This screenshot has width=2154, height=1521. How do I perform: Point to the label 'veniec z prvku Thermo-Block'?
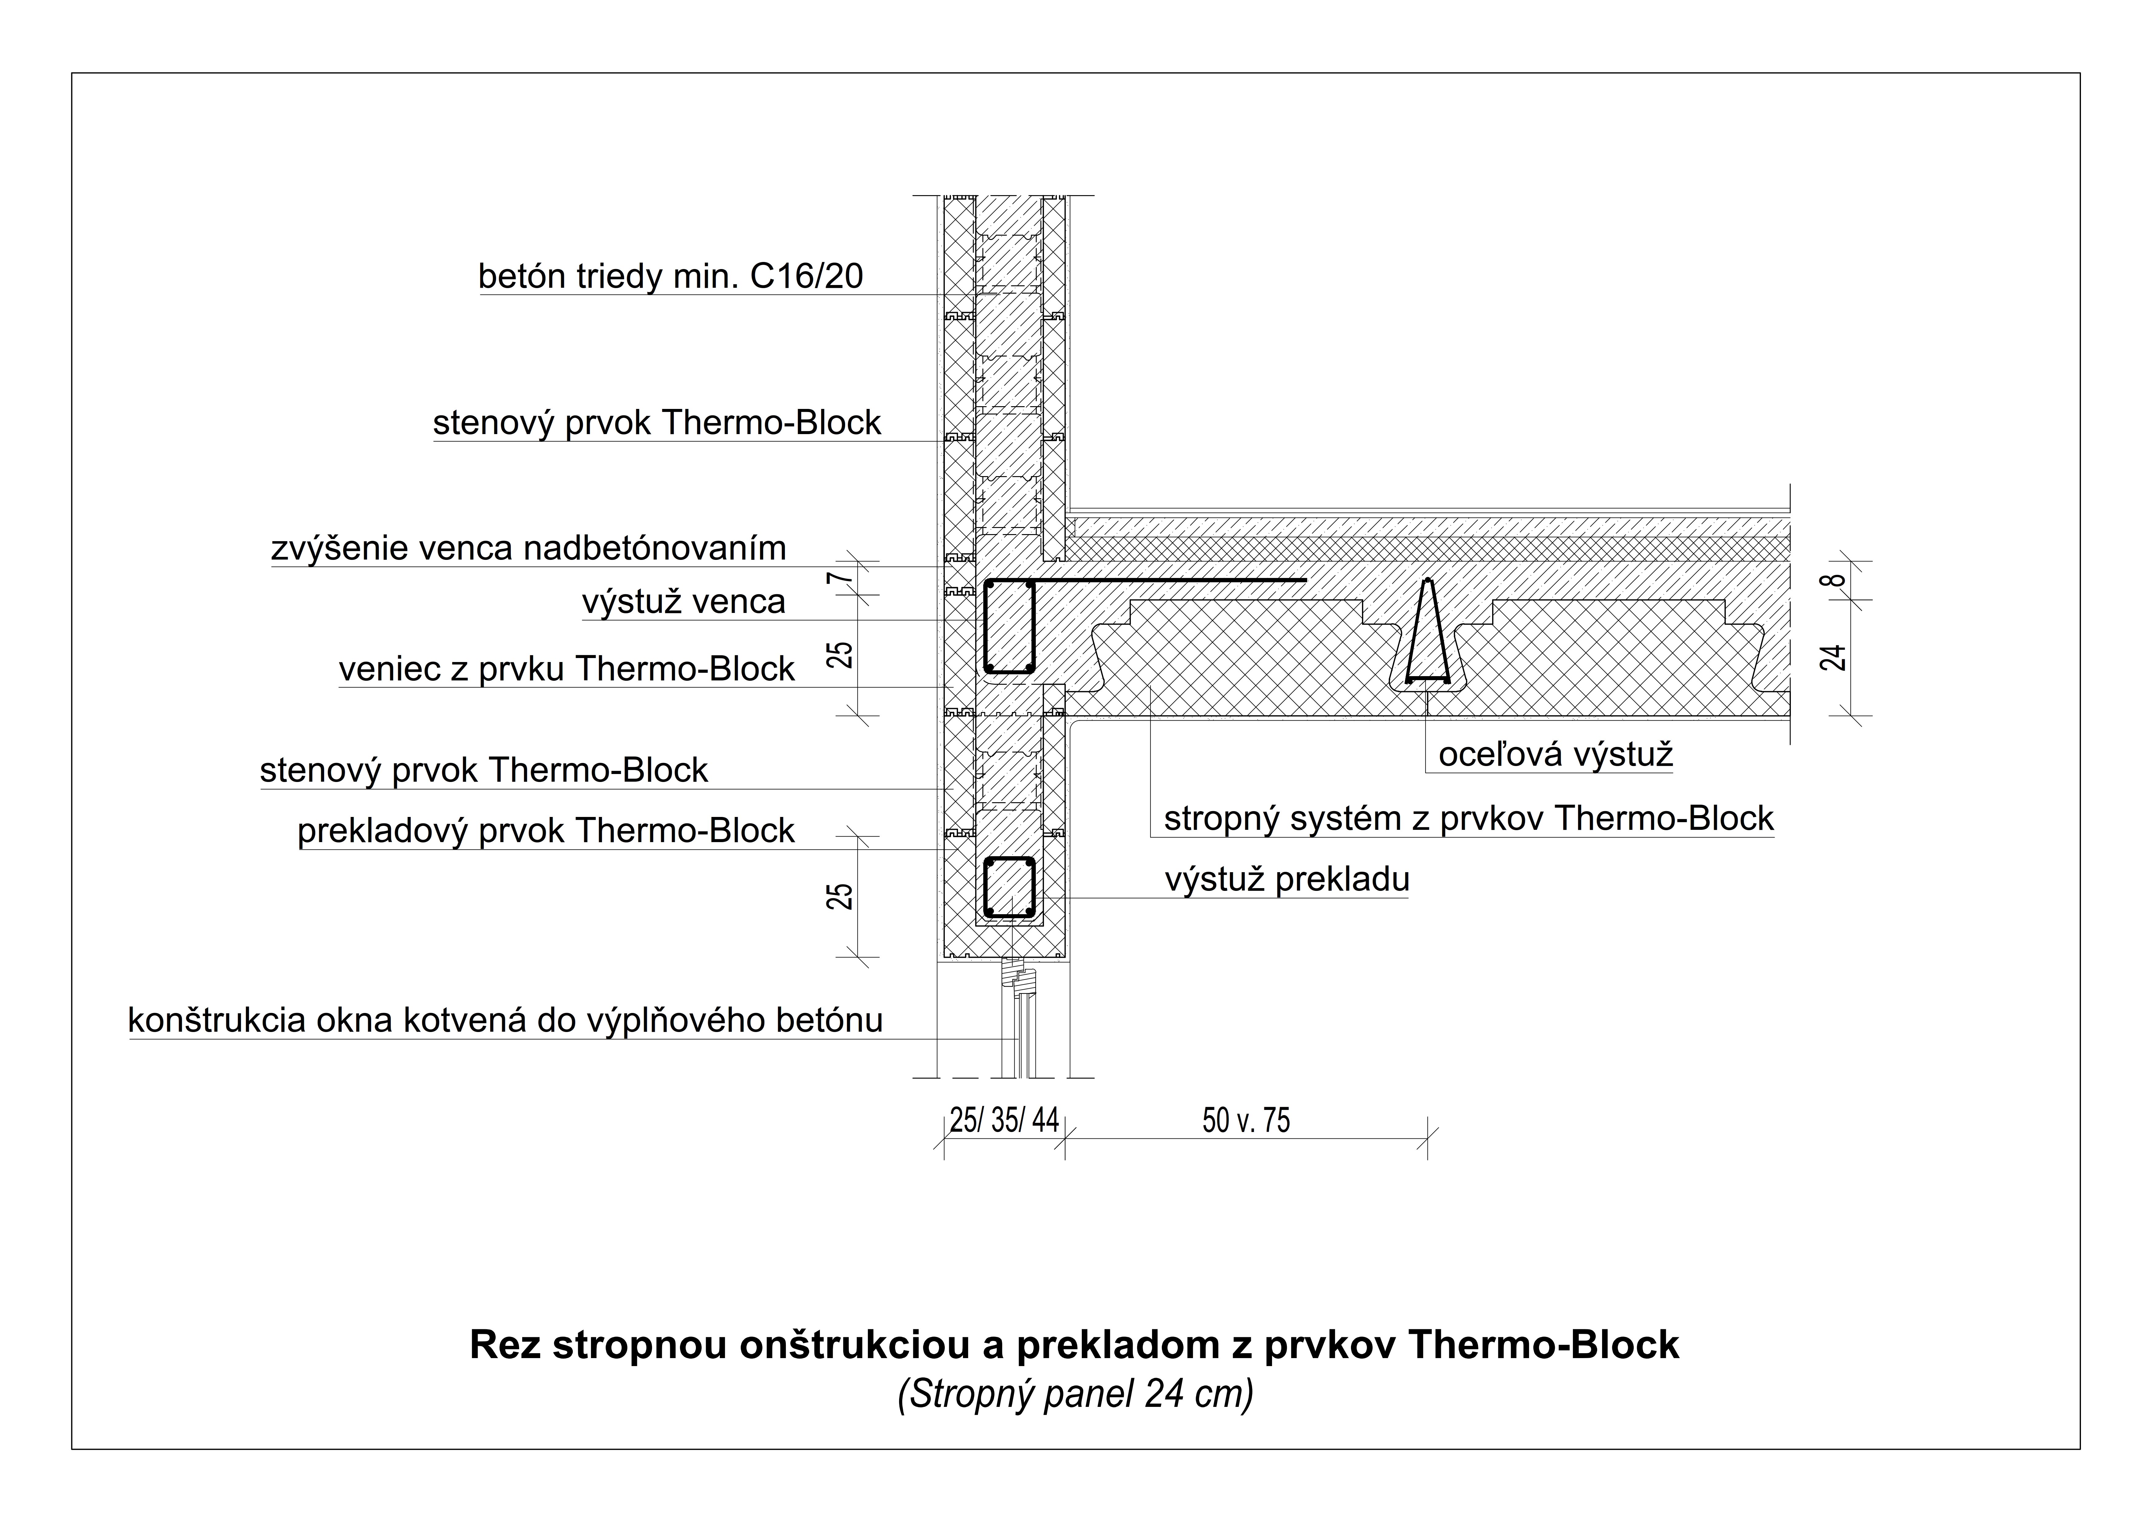coord(567,669)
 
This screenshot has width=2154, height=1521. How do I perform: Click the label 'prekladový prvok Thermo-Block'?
coord(546,831)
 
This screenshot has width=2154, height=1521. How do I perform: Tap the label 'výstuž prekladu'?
coord(1287,880)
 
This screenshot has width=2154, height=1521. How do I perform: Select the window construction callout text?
coord(506,1020)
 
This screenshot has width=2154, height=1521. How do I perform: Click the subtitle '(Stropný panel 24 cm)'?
coord(1075,1394)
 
